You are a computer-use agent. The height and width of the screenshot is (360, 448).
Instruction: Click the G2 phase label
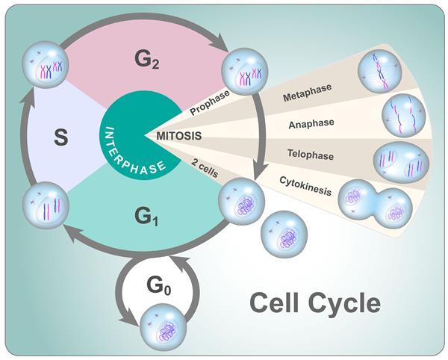(149, 57)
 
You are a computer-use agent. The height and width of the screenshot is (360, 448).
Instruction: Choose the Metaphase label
(305, 98)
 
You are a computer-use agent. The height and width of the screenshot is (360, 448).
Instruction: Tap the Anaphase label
(311, 122)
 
